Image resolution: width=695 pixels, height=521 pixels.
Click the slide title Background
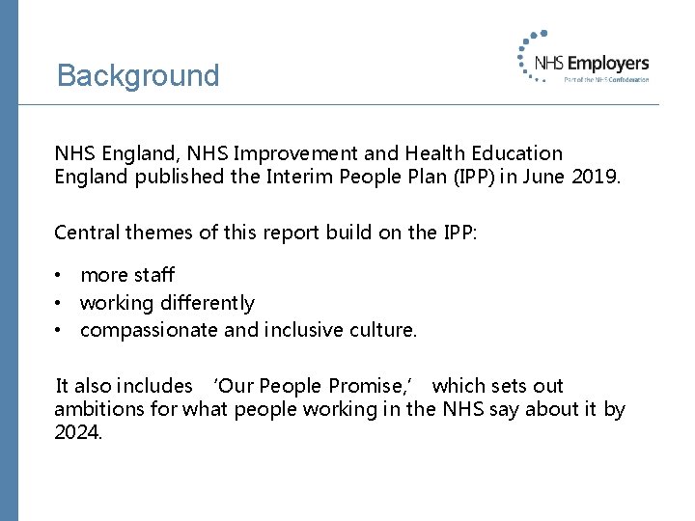(138, 75)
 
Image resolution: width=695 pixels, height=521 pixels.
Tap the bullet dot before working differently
(59, 304)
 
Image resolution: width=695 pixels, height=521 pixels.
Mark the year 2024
(77, 433)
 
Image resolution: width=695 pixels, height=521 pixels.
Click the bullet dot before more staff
(59, 277)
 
